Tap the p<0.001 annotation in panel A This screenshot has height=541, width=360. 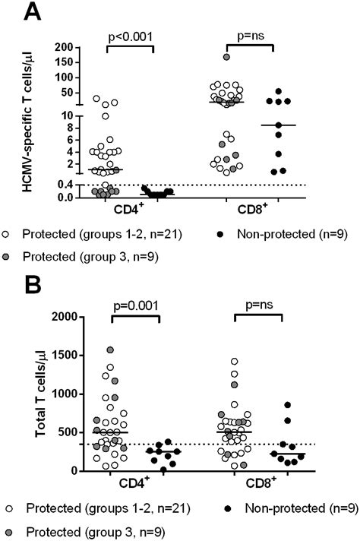[x=130, y=35]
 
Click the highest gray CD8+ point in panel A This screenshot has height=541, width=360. [x=226, y=58]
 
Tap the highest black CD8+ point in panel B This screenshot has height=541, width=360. [x=287, y=406]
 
